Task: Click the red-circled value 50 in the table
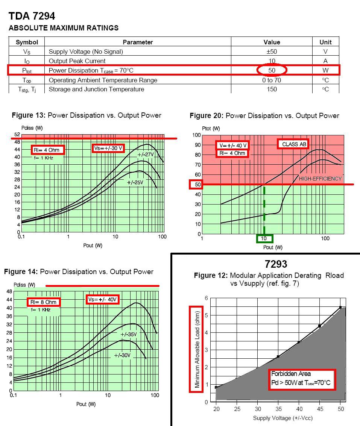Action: pyautogui.click(x=272, y=70)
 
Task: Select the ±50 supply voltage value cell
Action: pyautogui.click(x=272, y=52)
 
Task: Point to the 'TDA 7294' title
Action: pyautogui.click(x=32, y=16)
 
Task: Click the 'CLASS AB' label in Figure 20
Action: pyautogui.click(x=295, y=144)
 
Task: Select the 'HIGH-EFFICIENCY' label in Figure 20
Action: pyautogui.click(x=320, y=179)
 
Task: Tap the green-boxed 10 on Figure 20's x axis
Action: pyautogui.click(x=264, y=238)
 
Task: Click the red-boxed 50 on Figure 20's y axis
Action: pyautogui.click(x=196, y=184)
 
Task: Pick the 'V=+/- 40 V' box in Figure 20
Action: pyautogui.click(x=232, y=146)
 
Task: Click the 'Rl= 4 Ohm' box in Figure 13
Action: pyautogui.click(x=48, y=150)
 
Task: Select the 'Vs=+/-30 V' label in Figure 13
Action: pyautogui.click(x=108, y=148)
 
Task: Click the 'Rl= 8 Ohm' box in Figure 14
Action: pyautogui.click(x=44, y=302)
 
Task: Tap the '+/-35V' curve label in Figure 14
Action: pyautogui.click(x=128, y=334)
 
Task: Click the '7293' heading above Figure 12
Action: pyautogui.click(x=276, y=264)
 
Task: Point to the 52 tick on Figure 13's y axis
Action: pyautogui.click(x=17, y=135)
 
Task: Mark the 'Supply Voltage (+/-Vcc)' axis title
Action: pyautogui.click(x=283, y=418)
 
